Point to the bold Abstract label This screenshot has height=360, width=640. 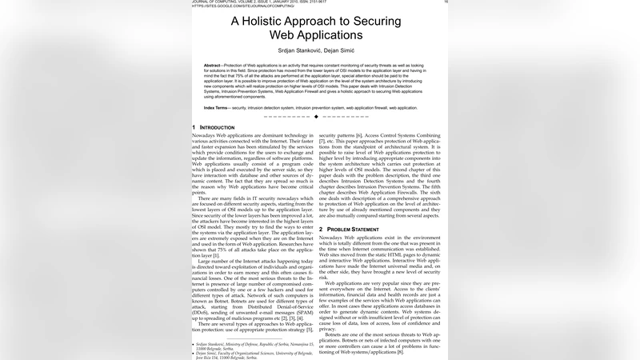point(212,65)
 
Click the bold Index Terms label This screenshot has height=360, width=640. point(215,107)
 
